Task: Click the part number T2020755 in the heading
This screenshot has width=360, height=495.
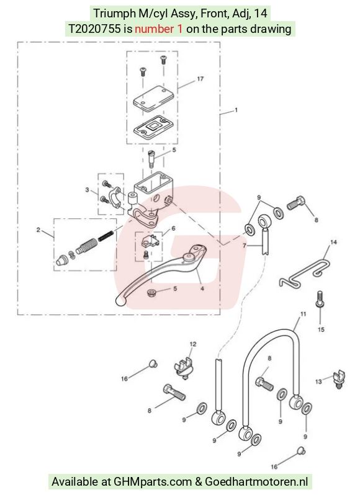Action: click(94, 29)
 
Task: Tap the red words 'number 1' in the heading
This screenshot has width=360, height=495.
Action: click(158, 29)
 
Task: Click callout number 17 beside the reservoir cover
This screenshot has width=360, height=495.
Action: click(200, 79)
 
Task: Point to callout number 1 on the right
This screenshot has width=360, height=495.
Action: click(236, 110)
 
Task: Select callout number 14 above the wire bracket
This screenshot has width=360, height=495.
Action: click(333, 242)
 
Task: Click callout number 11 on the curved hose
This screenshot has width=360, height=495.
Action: click(303, 314)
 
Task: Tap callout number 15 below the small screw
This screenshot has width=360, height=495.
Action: click(321, 329)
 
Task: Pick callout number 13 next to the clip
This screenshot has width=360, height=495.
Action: click(318, 381)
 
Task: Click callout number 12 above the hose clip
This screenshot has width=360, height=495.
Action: click(193, 344)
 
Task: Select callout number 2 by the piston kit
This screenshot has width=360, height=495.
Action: click(38, 230)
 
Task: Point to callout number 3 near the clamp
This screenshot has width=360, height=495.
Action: click(87, 190)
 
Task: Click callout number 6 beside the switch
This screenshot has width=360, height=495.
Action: click(173, 228)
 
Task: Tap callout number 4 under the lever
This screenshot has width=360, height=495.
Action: click(202, 288)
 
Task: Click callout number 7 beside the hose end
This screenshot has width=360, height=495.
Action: click(244, 245)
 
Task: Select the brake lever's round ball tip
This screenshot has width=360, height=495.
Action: click(120, 301)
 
